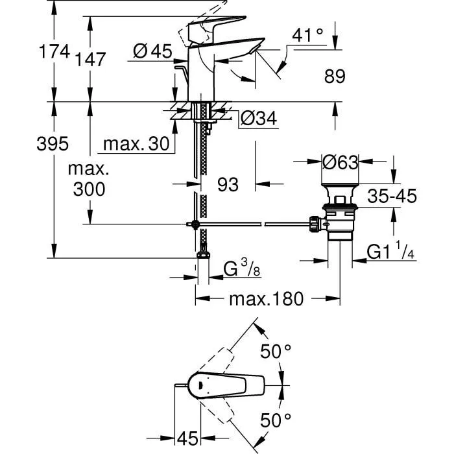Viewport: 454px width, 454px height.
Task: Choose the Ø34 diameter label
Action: pyautogui.click(x=259, y=119)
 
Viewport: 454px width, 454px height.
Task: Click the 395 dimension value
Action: pyautogui.click(x=51, y=144)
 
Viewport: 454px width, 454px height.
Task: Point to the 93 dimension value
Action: pyautogui.click(x=228, y=185)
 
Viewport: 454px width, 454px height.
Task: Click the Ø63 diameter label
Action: pyautogui.click(x=340, y=162)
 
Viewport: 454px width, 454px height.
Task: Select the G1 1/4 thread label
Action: pyautogui.click(x=391, y=252)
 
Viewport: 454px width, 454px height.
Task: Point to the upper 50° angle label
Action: pyautogui.click(x=276, y=352)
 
